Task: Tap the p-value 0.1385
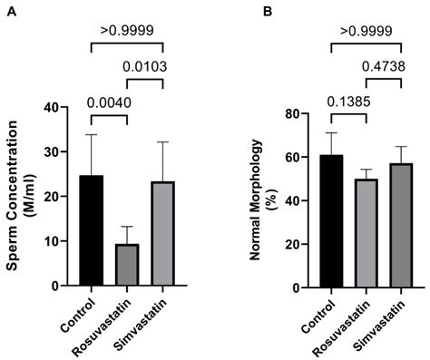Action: tap(349, 100)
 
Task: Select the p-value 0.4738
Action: tap(383, 66)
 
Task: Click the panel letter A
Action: tap(10, 10)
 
